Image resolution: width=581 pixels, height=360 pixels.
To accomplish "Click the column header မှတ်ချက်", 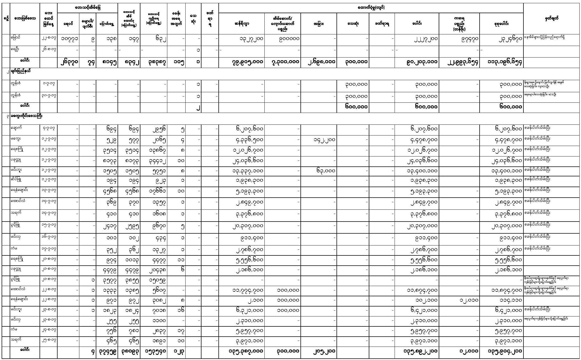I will click(551, 19).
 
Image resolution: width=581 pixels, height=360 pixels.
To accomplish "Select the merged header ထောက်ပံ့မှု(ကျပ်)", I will click(371, 8).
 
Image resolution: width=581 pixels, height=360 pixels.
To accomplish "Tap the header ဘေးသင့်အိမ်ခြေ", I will click(87, 8).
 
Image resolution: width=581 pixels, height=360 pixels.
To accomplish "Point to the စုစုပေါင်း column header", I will click(501, 24).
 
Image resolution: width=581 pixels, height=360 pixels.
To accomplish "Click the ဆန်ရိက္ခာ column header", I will click(242, 24).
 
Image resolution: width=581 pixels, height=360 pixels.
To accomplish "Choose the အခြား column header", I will click(318, 24).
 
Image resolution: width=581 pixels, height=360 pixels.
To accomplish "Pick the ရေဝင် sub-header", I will click(68, 24).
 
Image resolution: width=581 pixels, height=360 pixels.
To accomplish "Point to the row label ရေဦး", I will click(16, 49).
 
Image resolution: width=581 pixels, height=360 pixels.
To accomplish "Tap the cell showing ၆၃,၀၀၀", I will click(325, 171).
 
